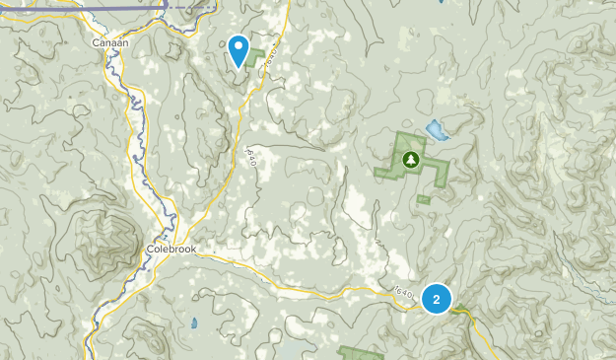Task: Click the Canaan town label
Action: (x=110, y=43)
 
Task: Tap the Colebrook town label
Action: (x=171, y=250)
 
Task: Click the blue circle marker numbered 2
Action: (x=437, y=298)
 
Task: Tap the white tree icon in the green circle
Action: (x=409, y=158)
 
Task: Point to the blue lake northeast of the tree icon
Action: (x=434, y=129)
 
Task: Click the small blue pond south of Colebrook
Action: (x=194, y=323)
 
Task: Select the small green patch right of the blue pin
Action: (x=259, y=56)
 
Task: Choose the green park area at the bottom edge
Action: (x=361, y=353)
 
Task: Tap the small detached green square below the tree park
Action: (x=424, y=198)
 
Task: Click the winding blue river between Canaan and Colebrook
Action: (x=143, y=148)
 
